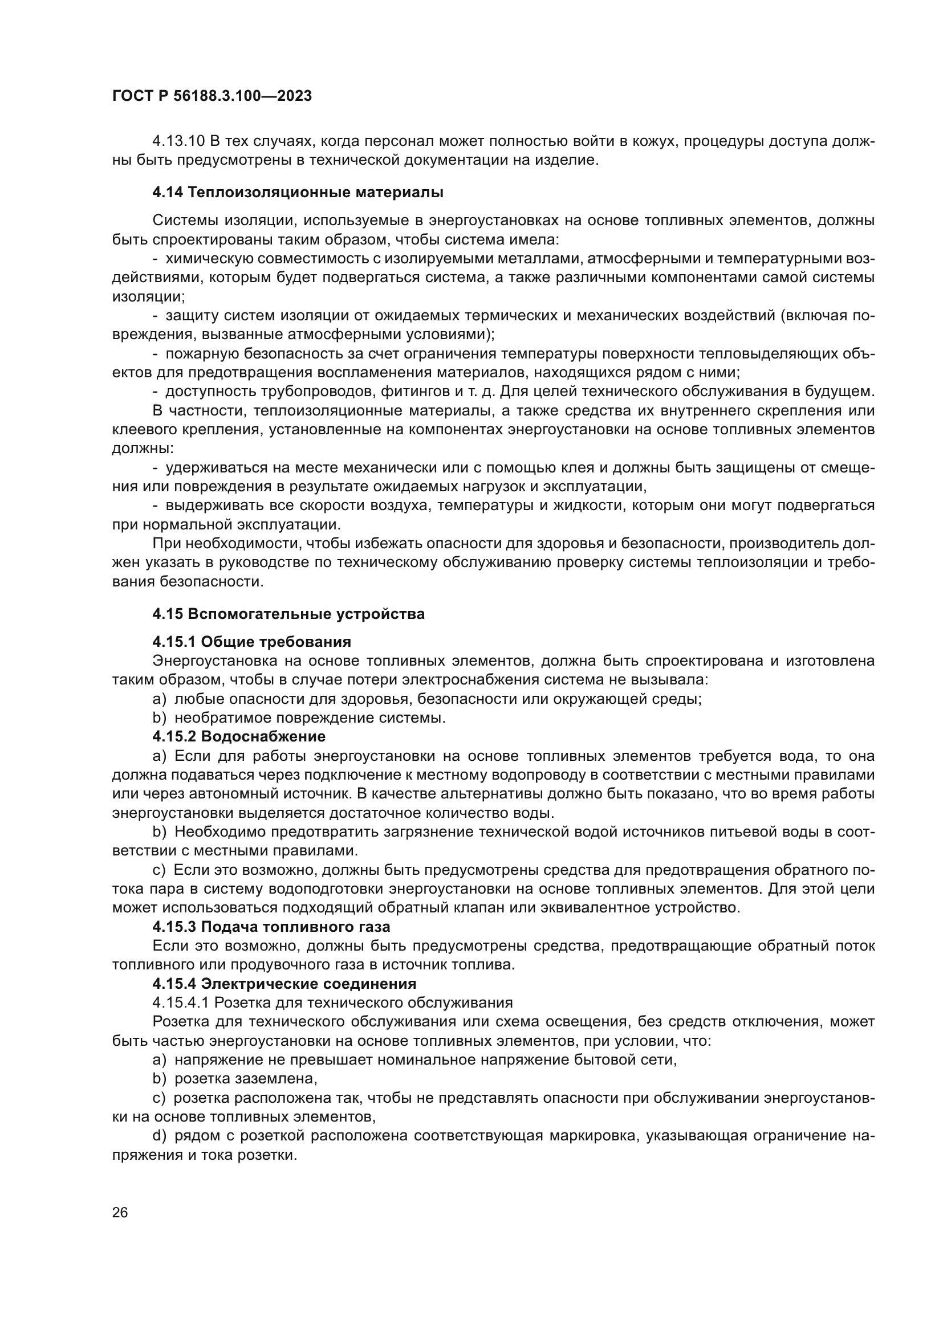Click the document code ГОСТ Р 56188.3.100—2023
212,96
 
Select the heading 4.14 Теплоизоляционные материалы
298,192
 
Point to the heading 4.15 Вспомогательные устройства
288,614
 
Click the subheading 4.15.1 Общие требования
251,642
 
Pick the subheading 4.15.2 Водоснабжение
239,737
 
